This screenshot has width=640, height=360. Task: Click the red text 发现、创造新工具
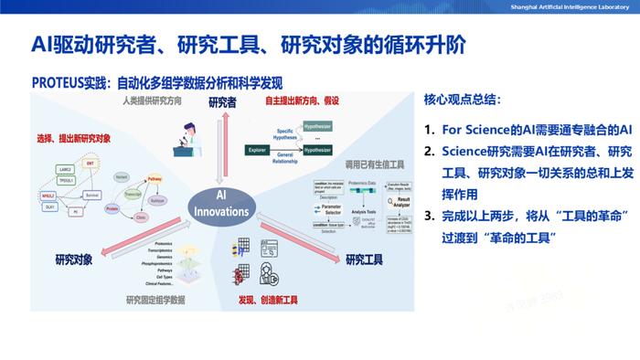click(271, 299)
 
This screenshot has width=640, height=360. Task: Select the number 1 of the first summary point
click(429, 130)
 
